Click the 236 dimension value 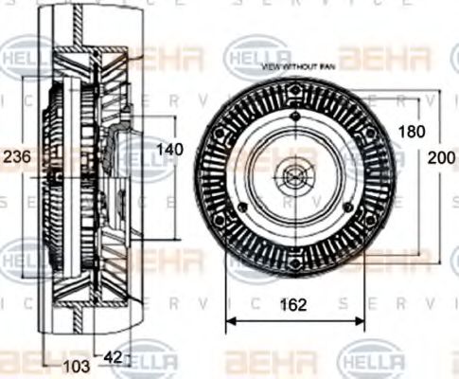(x=17, y=156)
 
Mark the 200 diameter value (x=444, y=157)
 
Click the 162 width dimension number (x=294, y=305)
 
